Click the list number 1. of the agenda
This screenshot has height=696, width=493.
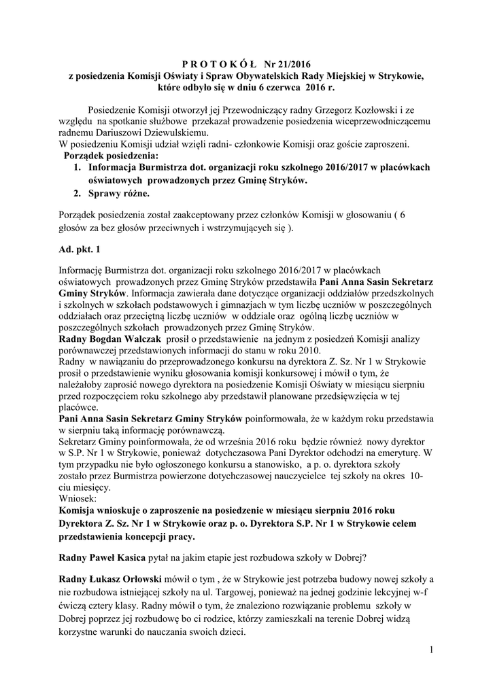78,167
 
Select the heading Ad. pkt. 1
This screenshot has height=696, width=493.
80,249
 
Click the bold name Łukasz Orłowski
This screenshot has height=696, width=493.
129,578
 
